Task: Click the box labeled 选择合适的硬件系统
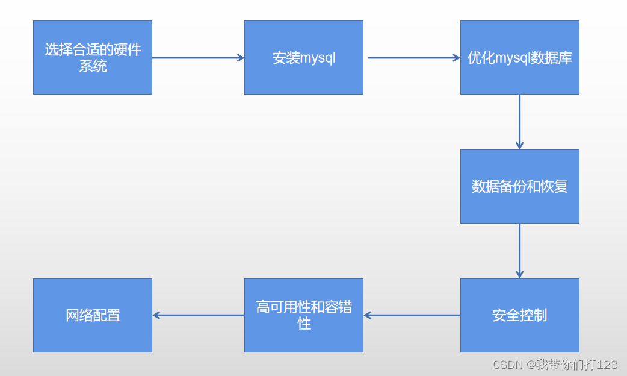92,58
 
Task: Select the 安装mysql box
303,58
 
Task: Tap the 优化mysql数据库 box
519,58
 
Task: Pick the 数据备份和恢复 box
519,186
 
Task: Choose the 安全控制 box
519,315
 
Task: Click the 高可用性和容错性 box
303,315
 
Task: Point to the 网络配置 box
92,315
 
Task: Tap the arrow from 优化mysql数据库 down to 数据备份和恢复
519,122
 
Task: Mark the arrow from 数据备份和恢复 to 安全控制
519,251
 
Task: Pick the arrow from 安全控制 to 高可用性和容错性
413,315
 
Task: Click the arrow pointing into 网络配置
199,315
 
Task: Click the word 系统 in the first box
93,66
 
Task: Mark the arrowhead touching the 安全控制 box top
519,274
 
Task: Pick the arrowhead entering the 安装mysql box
241,58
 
